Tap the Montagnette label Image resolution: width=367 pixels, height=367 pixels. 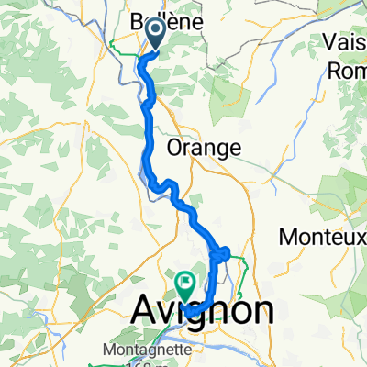[x=154, y=350]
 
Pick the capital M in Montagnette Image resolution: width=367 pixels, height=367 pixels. [x=115, y=350]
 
